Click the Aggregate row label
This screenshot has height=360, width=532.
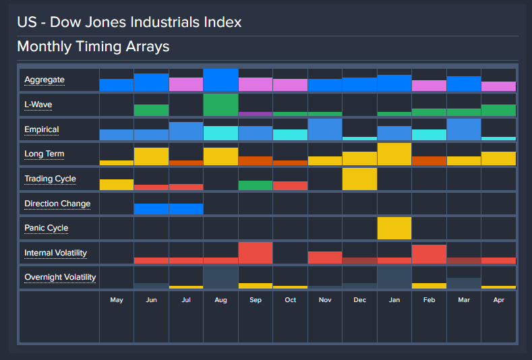[45, 80]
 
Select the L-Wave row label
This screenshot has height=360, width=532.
[38, 104]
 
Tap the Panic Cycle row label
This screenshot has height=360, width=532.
[46, 228]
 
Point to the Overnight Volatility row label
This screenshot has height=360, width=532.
[60, 277]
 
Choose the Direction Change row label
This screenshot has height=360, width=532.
[57, 204]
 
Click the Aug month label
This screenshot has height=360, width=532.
[220, 299]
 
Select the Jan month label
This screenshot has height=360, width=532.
[394, 299]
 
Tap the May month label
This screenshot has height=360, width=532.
[117, 299]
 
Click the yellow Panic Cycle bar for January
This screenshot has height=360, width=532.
[394, 228]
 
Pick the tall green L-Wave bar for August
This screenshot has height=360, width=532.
[220, 104]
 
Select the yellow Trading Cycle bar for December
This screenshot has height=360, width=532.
[359, 179]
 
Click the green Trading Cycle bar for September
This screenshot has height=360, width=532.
[256, 185]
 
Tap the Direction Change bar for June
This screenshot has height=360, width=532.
[152, 208]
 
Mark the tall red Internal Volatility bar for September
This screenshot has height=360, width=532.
[256, 253]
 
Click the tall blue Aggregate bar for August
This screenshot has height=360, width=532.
[220, 80]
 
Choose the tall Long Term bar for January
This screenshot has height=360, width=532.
[394, 154]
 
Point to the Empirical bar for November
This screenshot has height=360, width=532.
[325, 129]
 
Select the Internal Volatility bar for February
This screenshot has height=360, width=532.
[429, 254]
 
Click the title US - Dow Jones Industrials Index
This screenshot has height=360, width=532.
[129, 22]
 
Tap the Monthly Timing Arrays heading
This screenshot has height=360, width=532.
[93, 47]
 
